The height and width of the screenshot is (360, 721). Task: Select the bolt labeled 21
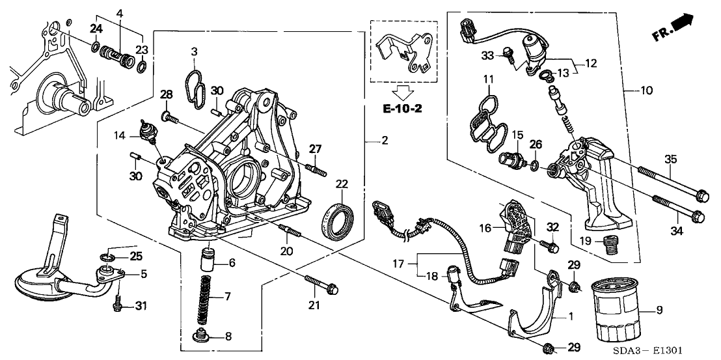[x=323, y=284]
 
